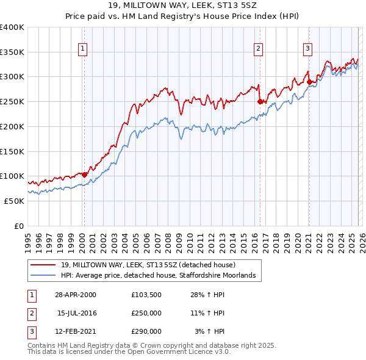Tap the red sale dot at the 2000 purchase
point(85,175)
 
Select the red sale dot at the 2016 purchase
point(260,102)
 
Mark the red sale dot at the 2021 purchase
point(309,82)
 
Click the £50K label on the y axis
point(13,201)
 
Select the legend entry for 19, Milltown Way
point(152,265)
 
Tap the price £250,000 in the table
point(146,313)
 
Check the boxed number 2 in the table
point(29,313)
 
